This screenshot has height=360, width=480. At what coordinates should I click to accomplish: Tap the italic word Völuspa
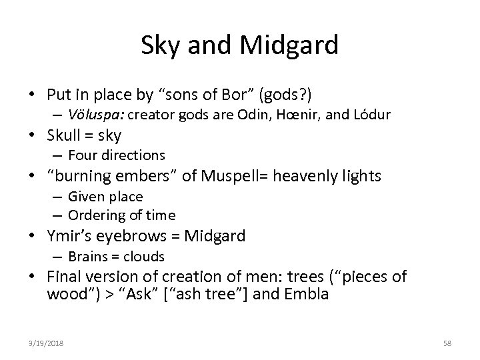(x=95, y=115)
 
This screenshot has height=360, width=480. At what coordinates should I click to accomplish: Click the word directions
(x=132, y=155)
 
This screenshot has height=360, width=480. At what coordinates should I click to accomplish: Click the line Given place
(x=105, y=196)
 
